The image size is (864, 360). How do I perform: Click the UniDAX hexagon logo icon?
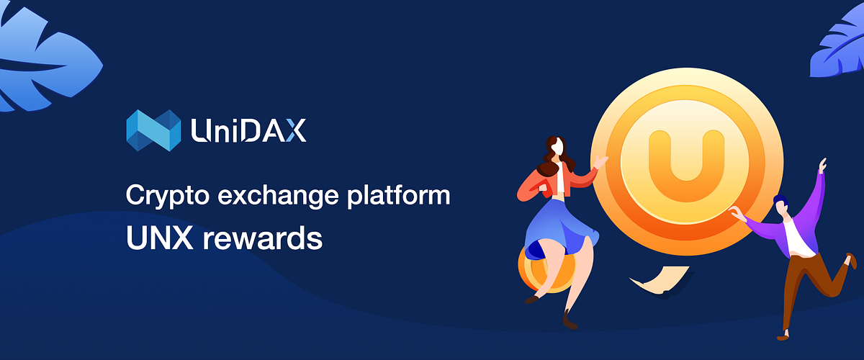coord(153,130)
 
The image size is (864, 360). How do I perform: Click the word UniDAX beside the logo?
coord(248,130)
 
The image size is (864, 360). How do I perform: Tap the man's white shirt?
coord(795,238)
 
